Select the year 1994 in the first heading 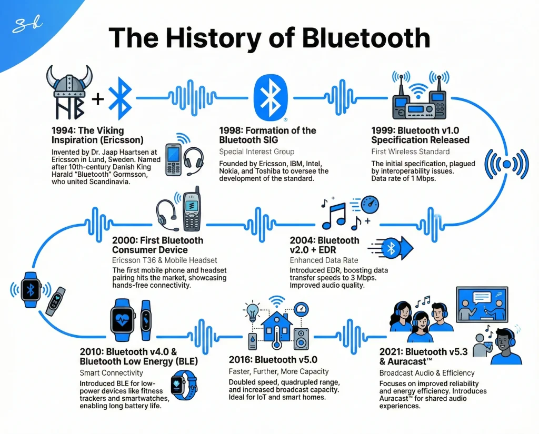point(63,130)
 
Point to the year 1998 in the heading point(230,130)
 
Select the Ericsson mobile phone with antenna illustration point(191,210)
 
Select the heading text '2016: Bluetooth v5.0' point(273,360)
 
